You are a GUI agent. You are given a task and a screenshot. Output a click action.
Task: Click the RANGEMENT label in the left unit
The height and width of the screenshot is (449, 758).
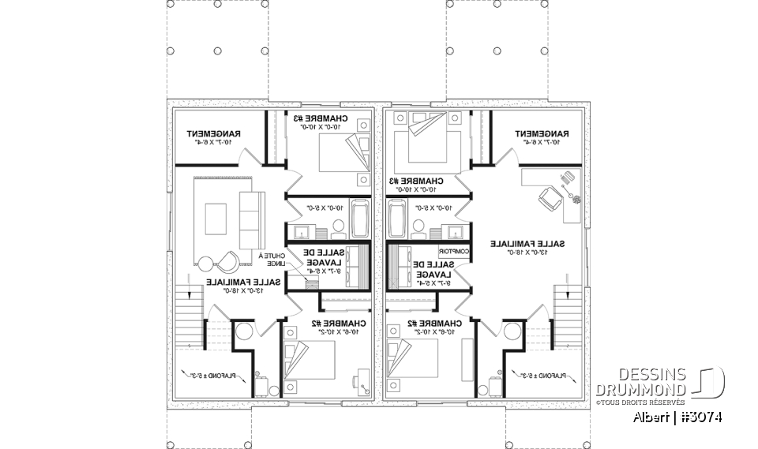[215, 135]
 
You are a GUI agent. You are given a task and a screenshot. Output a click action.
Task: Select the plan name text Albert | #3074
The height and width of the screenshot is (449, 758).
[677, 417]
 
